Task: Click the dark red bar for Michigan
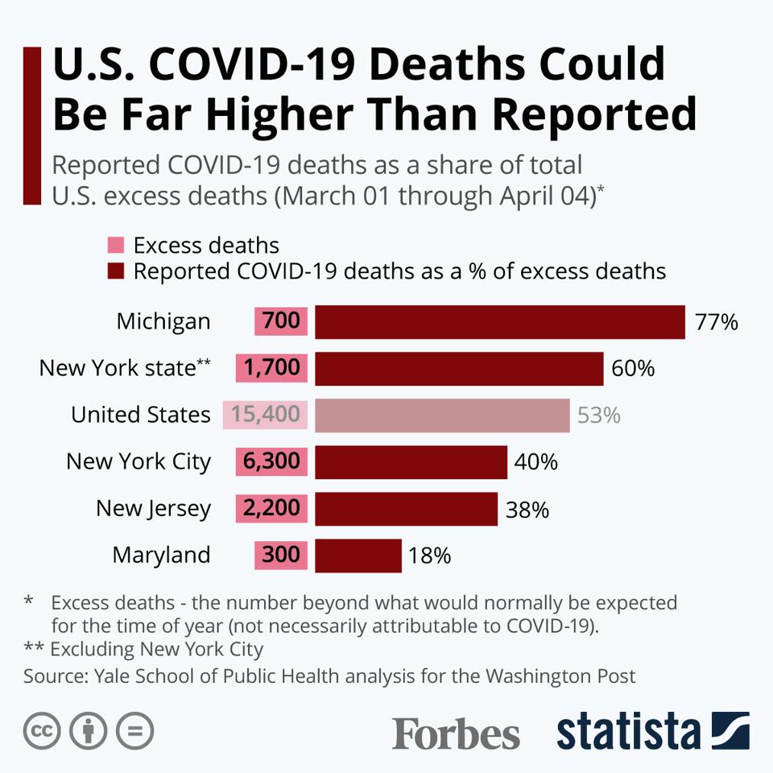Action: tap(499, 322)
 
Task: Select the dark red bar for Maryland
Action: tap(358, 556)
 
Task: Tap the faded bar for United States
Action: tap(442, 415)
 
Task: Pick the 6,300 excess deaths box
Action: tap(271, 462)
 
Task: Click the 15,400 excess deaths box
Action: tap(265, 415)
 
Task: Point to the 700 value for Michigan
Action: tap(281, 322)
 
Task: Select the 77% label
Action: tap(716, 323)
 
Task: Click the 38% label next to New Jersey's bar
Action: tap(527, 510)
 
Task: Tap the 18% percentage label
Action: tap(429, 556)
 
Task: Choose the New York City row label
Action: tap(138, 462)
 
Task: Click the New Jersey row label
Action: tap(153, 509)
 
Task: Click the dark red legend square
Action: tap(116, 271)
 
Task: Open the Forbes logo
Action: tap(456, 733)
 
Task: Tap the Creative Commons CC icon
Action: tap(43, 731)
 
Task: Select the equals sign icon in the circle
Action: tap(134, 731)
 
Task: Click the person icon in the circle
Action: tap(89, 731)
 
